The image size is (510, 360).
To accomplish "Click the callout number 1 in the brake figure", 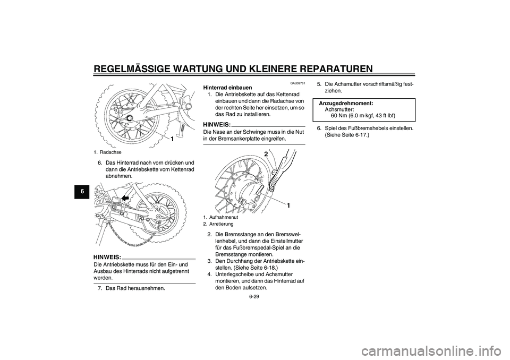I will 290,205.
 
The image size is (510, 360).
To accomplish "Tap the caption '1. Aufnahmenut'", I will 219,218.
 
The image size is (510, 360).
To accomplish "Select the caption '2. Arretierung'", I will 218,224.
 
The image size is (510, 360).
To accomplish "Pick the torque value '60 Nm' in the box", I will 339,115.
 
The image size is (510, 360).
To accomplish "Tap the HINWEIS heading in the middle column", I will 217,124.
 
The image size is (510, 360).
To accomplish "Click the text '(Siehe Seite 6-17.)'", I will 347,135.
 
